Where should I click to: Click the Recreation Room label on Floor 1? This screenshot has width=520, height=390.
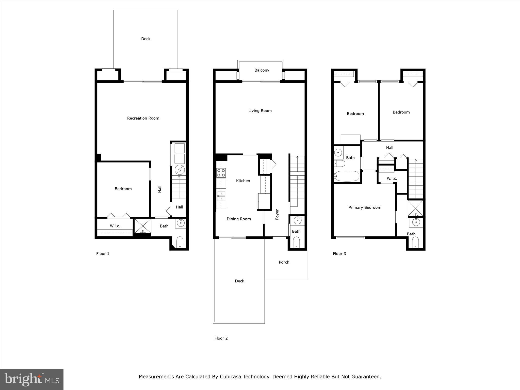click(x=143, y=118)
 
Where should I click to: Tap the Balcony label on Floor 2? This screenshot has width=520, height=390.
click(x=262, y=70)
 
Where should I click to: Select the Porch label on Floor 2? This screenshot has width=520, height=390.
click(x=284, y=262)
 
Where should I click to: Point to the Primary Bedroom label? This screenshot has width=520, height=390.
click(x=365, y=208)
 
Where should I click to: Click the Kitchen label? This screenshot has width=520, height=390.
click(x=243, y=181)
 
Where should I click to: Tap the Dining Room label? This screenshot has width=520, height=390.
click(x=239, y=219)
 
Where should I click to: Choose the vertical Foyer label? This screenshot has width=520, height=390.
click(x=277, y=214)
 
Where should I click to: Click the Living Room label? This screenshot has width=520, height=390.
click(x=260, y=111)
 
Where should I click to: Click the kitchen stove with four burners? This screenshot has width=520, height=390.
click(x=221, y=173)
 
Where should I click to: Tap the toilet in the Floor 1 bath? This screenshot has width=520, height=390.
click(x=180, y=242)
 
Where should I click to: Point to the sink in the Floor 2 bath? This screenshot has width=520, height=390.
click(x=298, y=220)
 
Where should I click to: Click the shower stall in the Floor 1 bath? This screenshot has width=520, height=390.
click(x=142, y=226)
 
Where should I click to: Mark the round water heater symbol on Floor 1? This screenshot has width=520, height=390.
click(x=180, y=170)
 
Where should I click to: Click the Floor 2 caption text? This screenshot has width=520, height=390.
click(x=221, y=338)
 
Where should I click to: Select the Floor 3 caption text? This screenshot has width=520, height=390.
click(x=339, y=254)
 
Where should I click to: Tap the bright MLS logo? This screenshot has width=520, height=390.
click(x=32, y=380)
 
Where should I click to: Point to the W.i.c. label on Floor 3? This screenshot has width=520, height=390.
click(x=392, y=178)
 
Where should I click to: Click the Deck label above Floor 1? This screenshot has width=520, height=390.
click(x=146, y=39)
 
